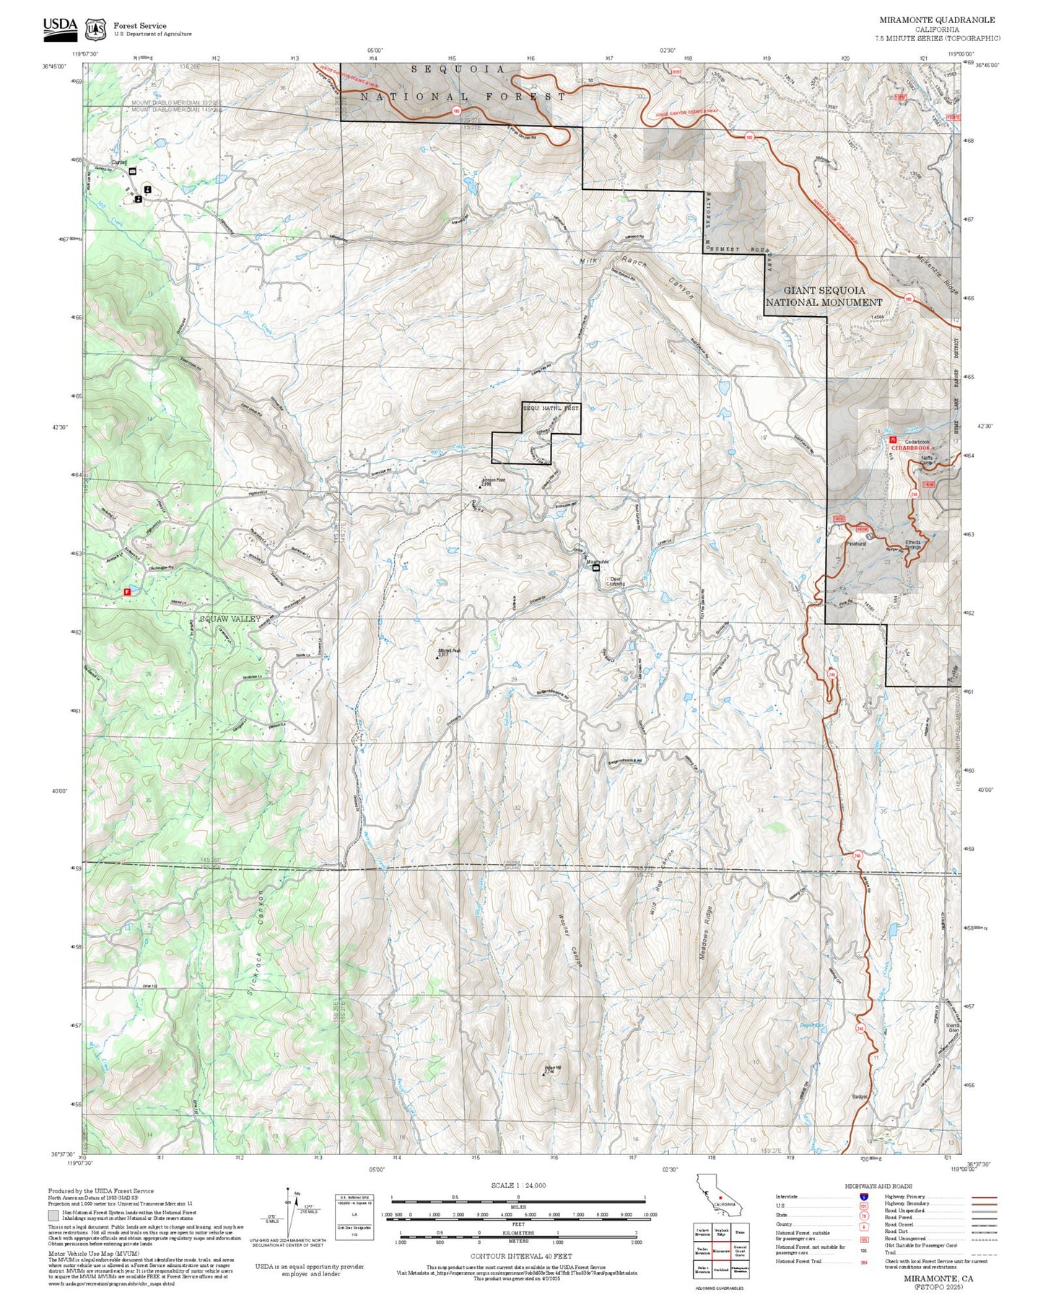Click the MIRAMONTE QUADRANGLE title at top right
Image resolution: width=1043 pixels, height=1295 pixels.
(x=936, y=19)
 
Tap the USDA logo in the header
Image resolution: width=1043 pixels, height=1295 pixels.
(x=60, y=27)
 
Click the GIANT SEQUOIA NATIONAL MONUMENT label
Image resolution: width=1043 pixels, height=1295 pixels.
(x=824, y=296)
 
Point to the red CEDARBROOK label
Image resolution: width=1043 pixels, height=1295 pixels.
(x=910, y=448)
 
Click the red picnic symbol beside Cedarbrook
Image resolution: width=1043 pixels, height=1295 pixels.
(x=893, y=439)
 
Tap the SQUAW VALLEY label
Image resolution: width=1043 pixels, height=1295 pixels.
(x=230, y=619)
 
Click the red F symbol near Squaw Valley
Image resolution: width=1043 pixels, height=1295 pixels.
(x=127, y=591)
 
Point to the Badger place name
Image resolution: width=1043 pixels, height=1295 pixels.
(x=859, y=1096)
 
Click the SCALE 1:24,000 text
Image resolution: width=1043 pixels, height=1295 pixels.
(x=518, y=1185)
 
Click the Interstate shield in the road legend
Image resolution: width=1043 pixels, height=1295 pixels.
(x=863, y=1197)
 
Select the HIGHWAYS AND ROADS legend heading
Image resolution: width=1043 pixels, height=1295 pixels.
(x=878, y=1186)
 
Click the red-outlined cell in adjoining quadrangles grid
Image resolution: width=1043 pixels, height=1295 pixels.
(x=720, y=1252)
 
